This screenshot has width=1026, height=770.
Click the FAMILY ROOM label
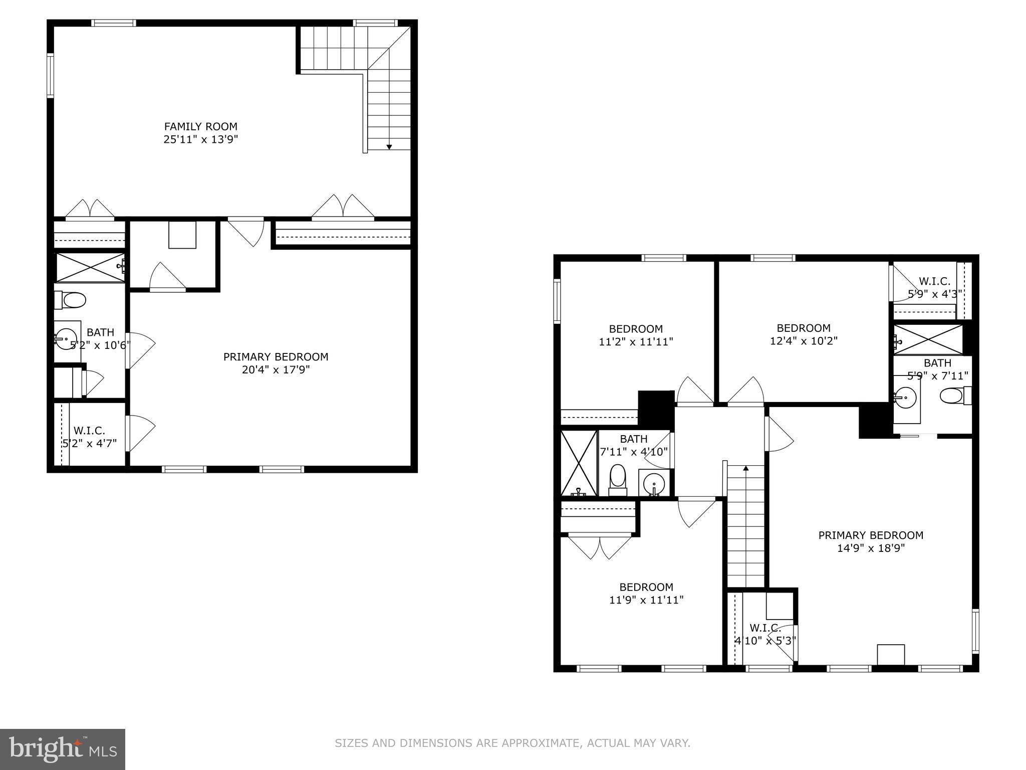click(x=200, y=126)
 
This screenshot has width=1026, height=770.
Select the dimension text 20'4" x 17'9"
click(x=276, y=370)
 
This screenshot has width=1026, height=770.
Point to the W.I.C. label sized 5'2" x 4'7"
click(x=89, y=431)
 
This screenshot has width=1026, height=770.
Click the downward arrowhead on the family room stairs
click(x=389, y=146)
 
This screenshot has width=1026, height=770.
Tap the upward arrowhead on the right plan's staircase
click(x=745, y=468)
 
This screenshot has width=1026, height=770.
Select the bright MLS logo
click(x=62, y=749)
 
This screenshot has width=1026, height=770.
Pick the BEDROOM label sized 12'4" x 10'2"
click(x=804, y=328)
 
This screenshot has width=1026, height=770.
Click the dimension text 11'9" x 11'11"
click(x=646, y=600)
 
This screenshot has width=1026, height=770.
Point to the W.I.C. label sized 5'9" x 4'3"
click(x=934, y=281)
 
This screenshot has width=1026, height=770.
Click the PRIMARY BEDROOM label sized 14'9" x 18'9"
click(x=871, y=535)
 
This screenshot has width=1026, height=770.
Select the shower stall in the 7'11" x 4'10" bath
click(x=579, y=463)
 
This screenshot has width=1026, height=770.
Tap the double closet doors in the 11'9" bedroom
click(x=600, y=547)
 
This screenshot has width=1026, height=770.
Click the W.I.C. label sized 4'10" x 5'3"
click(x=765, y=628)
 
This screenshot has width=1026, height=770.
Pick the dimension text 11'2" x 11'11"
click(x=636, y=342)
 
